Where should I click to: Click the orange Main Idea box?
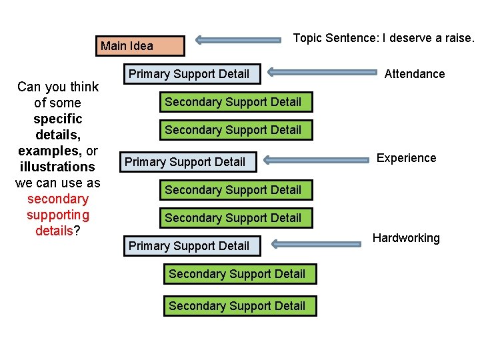[x=140, y=46]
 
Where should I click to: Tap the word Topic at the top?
[x=307, y=38]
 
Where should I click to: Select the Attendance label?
[x=415, y=74]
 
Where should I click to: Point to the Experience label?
[x=406, y=158]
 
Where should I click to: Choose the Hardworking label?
[x=406, y=238]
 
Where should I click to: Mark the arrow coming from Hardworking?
[x=317, y=245]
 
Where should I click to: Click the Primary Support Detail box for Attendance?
[x=189, y=74]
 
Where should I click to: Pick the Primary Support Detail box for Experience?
[x=185, y=162]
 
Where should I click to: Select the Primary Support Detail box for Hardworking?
[x=189, y=246]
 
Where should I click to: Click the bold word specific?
[x=57, y=119]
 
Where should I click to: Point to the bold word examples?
[x=48, y=151]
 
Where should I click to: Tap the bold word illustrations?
[x=57, y=167]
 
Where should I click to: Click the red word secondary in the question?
[x=57, y=199]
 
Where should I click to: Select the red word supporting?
[x=57, y=215]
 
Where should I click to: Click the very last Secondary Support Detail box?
[x=237, y=306]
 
